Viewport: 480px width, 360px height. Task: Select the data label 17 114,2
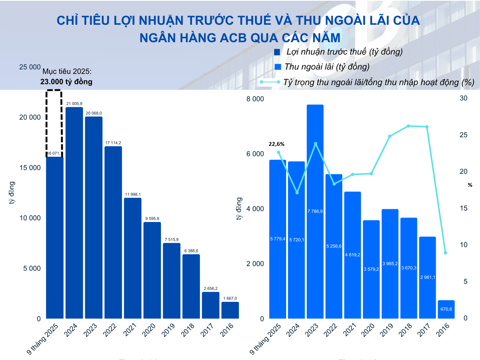(x=113, y=143)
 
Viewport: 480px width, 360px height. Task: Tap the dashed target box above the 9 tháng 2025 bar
(x=54, y=122)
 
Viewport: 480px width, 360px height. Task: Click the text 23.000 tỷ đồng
(x=66, y=82)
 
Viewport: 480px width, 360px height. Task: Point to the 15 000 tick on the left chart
(x=30, y=168)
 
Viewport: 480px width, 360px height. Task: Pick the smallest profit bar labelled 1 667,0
(x=230, y=310)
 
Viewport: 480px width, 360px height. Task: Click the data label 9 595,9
(x=152, y=219)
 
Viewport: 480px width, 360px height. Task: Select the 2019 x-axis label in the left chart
(x=168, y=330)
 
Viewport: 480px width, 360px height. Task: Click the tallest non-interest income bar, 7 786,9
(x=315, y=211)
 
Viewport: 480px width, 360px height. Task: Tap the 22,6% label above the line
(x=276, y=144)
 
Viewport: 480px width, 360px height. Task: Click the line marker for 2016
(x=445, y=253)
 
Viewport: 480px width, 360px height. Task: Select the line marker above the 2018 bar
(x=408, y=126)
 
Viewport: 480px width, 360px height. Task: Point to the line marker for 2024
(x=297, y=193)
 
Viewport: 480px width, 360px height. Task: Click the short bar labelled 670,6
(x=446, y=309)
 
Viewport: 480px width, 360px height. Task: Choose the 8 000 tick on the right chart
(x=255, y=99)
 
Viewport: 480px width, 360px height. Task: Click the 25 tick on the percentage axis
(x=463, y=135)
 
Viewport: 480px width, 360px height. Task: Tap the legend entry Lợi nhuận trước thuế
(x=344, y=52)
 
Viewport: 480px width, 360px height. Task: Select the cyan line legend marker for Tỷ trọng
(x=270, y=82)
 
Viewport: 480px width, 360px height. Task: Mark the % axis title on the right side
(x=470, y=185)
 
